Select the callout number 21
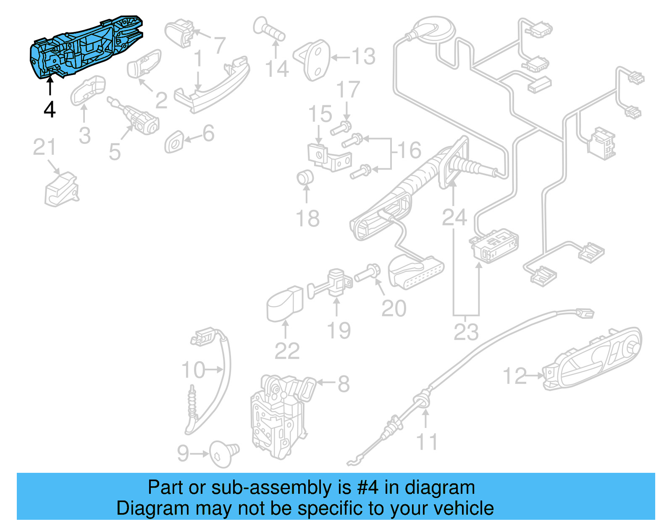pyautogui.click(x=44, y=147)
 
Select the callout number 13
pyautogui.click(x=363, y=57)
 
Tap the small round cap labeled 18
pyautogui.click(x=305, y=177)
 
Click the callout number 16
pyautogui.click(x=409, y=150)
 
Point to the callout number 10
pyautogui.click(x=193, y=370)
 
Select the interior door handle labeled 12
pyautogui.click(x=592, y=359)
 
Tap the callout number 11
pyautogui.click(x=427, y=442)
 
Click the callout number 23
pyautogui.click(x=466, y=332)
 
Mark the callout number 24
pyautogui.click(x=454, y=217)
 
